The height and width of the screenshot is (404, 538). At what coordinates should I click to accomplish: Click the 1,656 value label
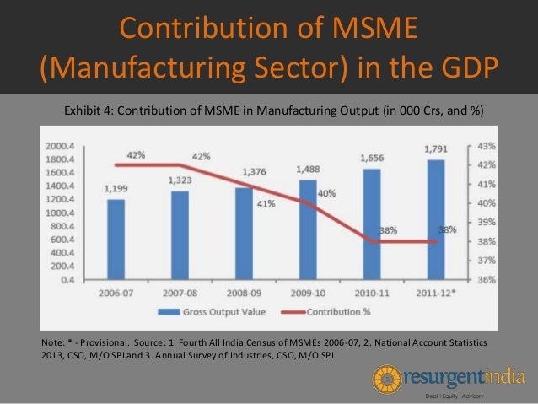371,157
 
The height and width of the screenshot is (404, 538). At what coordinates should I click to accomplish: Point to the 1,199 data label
116,189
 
